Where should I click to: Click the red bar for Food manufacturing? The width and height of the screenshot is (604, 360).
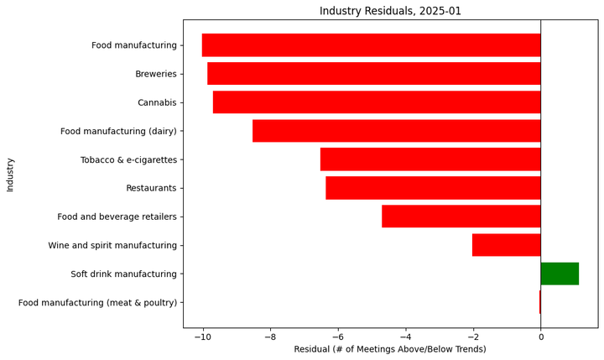tap(371, 45)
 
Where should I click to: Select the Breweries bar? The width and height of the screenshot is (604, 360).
tap(374, 74)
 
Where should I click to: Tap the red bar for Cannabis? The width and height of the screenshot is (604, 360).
tap(377, 102)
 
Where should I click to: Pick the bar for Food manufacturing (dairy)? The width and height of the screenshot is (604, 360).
tap(396, 131)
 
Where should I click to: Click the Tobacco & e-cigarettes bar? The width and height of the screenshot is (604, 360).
tap(430, 159)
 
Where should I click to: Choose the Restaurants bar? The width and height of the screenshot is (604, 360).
tap(433, 188)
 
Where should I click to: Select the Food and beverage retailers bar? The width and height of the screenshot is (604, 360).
tap(461, 217)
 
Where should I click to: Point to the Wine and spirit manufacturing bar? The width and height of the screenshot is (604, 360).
tap(506, 245)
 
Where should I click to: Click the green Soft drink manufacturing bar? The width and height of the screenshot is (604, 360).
tap(560, 274)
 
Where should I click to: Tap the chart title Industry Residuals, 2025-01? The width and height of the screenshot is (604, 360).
tap(390, 11)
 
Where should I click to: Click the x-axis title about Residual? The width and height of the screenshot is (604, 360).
tap(390, 349)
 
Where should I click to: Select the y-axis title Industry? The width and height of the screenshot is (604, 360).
tap(10, 174)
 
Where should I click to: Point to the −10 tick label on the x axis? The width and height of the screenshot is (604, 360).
tap(202, 337)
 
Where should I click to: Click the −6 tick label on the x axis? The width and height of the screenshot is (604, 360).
tap(337, 337)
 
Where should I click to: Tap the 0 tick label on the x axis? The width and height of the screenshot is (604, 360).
tap(540, 337)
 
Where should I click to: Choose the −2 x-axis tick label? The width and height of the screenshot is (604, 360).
tap(472, 337)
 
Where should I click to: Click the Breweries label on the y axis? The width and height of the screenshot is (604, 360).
tap(156, 74)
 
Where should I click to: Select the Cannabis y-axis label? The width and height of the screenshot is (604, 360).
tap(157, 102)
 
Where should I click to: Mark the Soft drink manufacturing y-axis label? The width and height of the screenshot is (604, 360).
tap(123, 274)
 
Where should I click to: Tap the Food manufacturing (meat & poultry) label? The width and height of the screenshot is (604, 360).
tap(97, 302)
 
